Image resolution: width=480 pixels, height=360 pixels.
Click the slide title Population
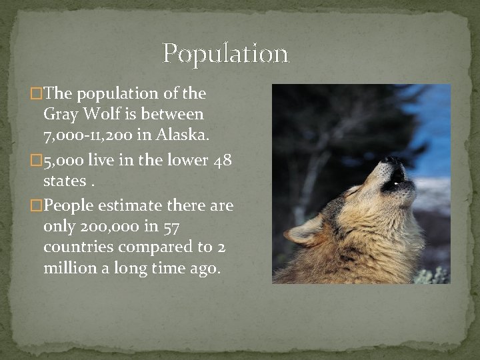click(225, 54)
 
